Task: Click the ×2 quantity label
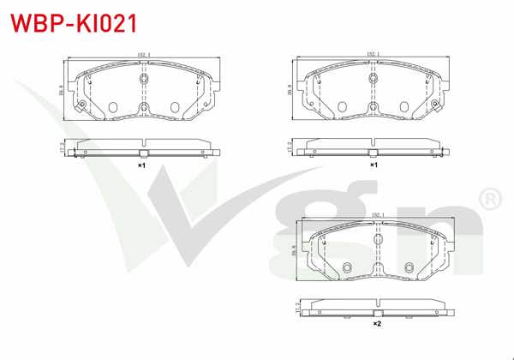[x=376, y=325]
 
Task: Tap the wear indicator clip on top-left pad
[x=81, y=106]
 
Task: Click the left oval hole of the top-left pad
[x=113, y=107]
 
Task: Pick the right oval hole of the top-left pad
[x=176, y=107]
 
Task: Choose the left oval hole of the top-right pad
[x=343, y=107]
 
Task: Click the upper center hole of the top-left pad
[x=144, y=79]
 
